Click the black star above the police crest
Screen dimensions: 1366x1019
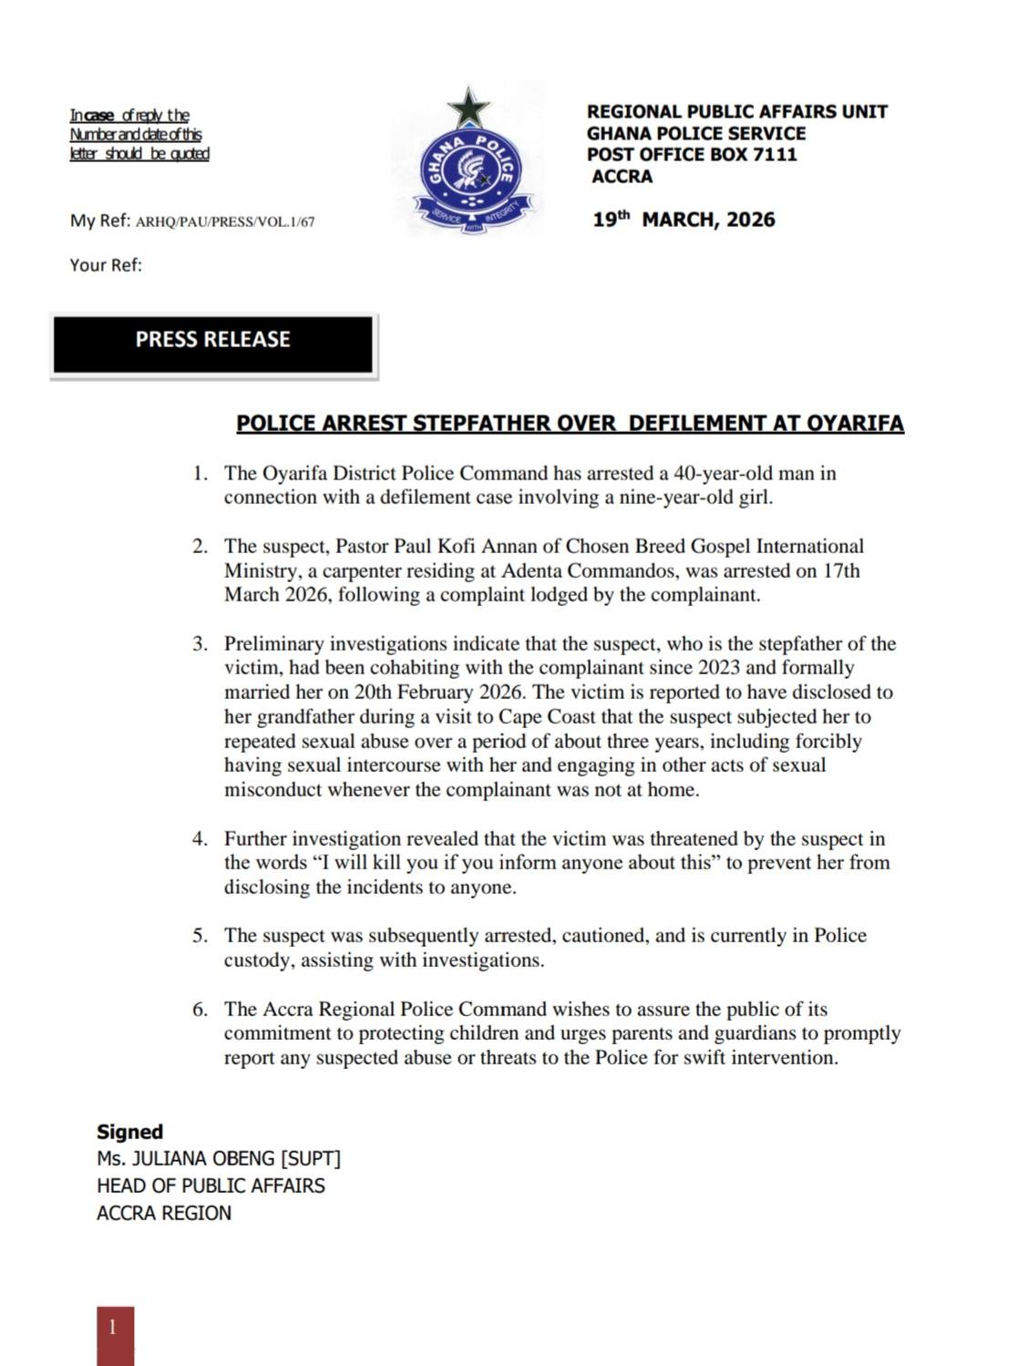(469, 108)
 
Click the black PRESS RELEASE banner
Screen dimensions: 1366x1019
(212, 344)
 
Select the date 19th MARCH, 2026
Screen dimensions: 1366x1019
(684, 220)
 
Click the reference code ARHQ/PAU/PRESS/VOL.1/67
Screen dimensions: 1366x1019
(225, 221)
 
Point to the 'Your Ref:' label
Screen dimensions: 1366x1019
(106, 265)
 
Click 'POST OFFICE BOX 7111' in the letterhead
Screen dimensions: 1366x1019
(692, 154)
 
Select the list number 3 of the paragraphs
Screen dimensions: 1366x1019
(200, 644)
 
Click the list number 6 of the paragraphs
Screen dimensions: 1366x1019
(200, 1010)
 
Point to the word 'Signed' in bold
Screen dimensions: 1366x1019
(129, 1132)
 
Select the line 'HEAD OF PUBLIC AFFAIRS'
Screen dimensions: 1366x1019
(211, 1186)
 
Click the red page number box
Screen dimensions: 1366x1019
(115, 1334)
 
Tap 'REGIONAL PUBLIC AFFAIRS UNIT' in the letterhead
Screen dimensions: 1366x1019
(736, 112)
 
